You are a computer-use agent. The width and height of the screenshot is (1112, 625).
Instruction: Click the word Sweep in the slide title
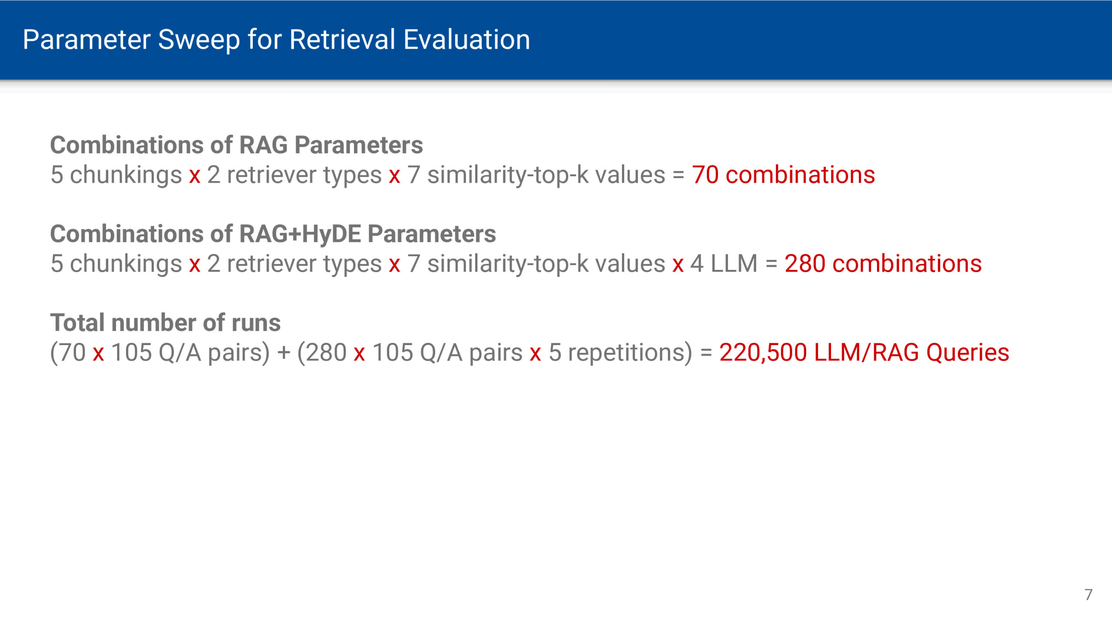click(x=199, y=40)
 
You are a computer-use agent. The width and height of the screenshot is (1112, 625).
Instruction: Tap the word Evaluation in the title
click(x=467, y=40)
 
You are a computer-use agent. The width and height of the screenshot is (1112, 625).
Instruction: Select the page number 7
click(x=1088, y=595)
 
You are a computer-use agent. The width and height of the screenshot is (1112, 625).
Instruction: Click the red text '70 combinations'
click(x=783, y=175)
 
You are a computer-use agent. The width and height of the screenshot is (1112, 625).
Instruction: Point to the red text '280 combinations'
click(x=883, y=264)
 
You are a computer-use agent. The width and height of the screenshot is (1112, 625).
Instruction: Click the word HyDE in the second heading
click(x=331, y=234)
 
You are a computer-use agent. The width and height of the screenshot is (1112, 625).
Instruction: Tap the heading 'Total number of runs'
click(x=165, y=323)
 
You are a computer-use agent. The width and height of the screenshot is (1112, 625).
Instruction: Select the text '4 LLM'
click(x=724, y=264)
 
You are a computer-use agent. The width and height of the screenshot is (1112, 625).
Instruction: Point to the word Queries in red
click(x=967, y=352)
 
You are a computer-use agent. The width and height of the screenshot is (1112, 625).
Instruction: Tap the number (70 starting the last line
click(x=68, y=352)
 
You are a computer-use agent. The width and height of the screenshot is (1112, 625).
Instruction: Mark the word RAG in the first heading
click(x=263, y=145)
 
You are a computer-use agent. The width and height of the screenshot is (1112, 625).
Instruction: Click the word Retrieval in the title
click(x=342, y=40)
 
